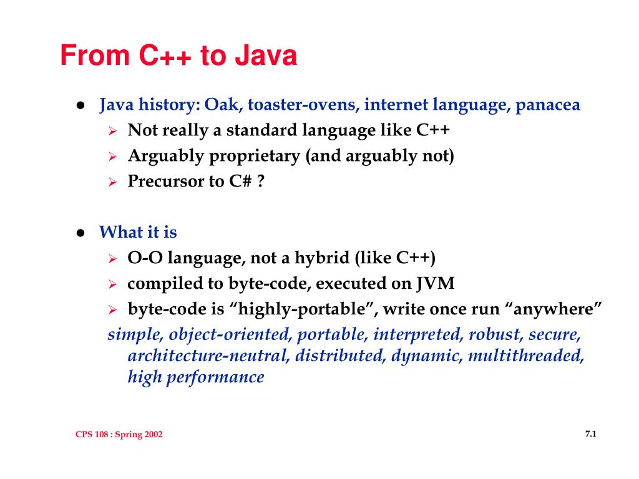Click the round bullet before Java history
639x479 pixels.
(80, 105)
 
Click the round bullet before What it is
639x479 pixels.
(80, 233)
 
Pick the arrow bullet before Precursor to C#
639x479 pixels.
(113, 182)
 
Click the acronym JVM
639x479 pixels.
(436, 284)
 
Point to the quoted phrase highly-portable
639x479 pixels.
(303, 309)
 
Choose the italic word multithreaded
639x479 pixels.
(526, 356)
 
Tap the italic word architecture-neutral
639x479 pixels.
(208, 356)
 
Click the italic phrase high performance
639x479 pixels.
(196, 377)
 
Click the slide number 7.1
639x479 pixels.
(591, 433)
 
